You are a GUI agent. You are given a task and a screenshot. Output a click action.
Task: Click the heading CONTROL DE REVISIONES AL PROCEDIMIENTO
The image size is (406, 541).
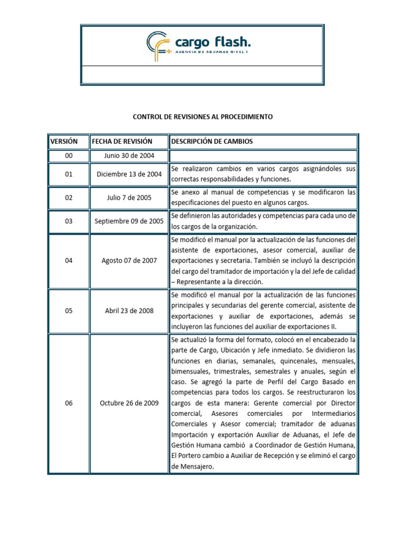point(202,117)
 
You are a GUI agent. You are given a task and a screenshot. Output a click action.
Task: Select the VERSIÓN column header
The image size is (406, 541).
point(64,142)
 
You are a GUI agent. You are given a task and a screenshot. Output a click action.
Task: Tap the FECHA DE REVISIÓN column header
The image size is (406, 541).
point(122,142)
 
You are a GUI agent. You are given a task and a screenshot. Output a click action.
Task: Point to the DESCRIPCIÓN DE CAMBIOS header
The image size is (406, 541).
point(211,142)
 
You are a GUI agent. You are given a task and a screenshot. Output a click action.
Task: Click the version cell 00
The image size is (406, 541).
point(69,156)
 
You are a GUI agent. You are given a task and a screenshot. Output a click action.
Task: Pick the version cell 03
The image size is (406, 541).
point(69,221)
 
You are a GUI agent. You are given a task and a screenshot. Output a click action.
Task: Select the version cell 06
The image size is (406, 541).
point(69,403)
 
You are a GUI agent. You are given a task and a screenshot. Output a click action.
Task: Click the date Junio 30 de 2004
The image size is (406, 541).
point(129,156)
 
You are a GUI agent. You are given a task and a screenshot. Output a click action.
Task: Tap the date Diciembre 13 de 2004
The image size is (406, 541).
point(129,174)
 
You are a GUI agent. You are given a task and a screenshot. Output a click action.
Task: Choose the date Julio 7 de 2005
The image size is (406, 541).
point(129,198)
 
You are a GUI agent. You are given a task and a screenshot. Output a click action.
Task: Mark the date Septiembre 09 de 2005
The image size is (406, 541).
point(129,221)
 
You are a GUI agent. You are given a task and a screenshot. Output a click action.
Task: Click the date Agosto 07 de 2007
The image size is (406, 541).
point(129,260)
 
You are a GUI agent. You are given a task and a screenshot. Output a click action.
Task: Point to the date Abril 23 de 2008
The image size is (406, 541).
point(129,311)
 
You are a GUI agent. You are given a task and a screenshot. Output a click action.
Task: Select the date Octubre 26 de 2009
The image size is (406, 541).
point(129,403)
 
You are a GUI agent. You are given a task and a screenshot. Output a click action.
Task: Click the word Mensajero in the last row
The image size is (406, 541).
point(194,467)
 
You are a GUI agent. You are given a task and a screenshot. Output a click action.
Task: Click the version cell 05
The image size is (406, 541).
point(69,311)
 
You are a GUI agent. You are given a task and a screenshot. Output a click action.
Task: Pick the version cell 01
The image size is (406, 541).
point(69,174)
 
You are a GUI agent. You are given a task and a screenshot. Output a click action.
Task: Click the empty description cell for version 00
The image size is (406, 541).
point(263,156)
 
